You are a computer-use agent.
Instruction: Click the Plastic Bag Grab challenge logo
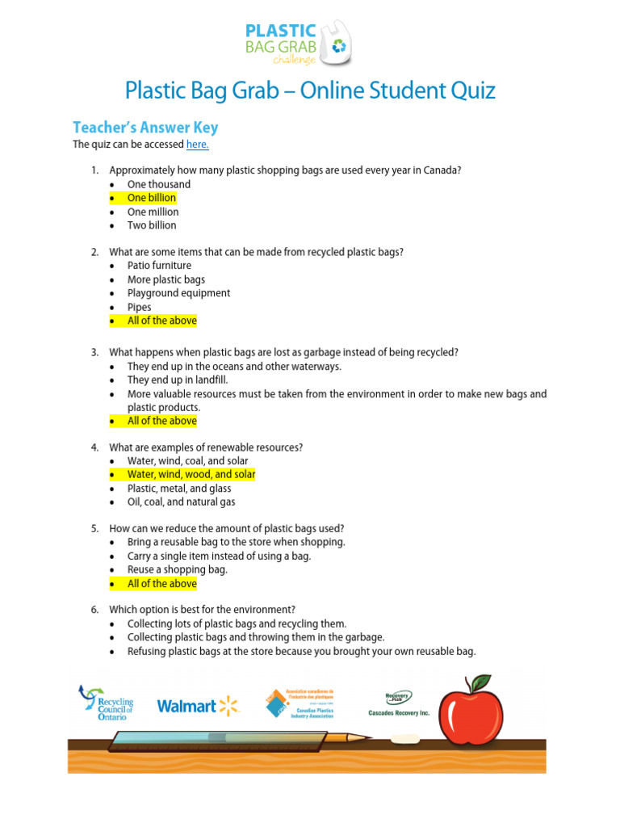pyautogui.click(x=298, y=42)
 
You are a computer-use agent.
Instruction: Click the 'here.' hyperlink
pyautogui.click(x=198, y=145)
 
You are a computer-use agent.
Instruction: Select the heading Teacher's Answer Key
pyautogui.click(x=145, y=128)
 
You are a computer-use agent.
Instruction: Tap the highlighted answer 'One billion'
pyautogui.click(x=151, y=198)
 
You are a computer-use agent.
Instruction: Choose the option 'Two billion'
pyautogui.click(x=151, y=225)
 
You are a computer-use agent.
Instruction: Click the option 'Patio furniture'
pyautogui.click(x=159, y=266)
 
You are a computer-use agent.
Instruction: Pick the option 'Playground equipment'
pyautogui.click(x=178, y=293)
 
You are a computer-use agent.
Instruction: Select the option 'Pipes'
pyautogui.click(x=139, y=307)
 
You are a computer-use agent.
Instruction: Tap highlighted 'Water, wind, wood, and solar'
pyautogui.click(x=191, y=475)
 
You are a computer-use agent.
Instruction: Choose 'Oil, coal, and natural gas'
pyautogui.click(x=181, y=502)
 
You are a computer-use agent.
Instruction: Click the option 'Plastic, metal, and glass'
pyautogui.click(x=179, y=489)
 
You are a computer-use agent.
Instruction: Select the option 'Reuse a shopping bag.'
pyautogui.click(x=177, y=569)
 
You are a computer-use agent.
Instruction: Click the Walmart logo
pyautogui.click(x=198, y=706)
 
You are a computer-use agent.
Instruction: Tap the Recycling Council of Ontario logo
pyautogui.click(x=106, y=703)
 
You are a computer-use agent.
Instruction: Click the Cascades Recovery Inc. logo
pyautogui.click(x=397, y=703)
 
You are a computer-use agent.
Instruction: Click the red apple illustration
pyautogui.click(x=471, y=710)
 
